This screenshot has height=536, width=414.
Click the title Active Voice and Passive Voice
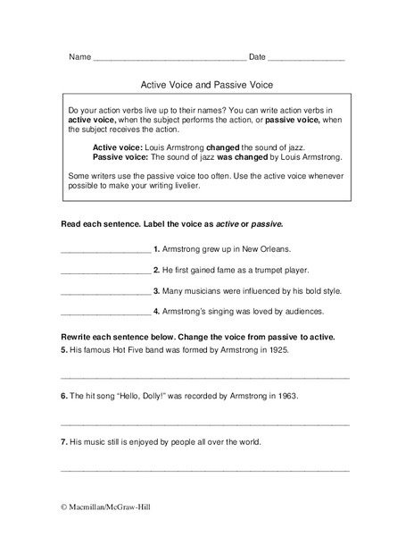tap(206, 86)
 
